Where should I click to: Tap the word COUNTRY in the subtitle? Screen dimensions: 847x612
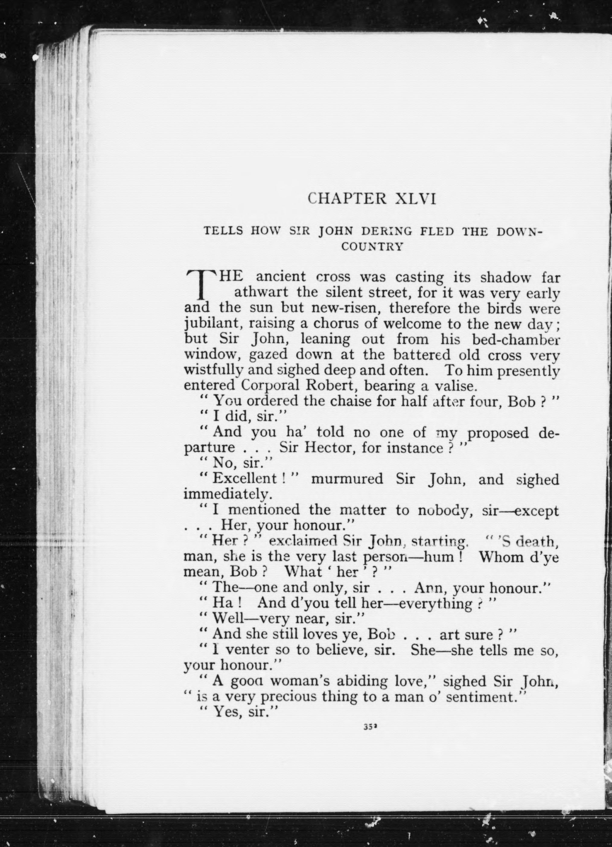(x=372, y=247)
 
